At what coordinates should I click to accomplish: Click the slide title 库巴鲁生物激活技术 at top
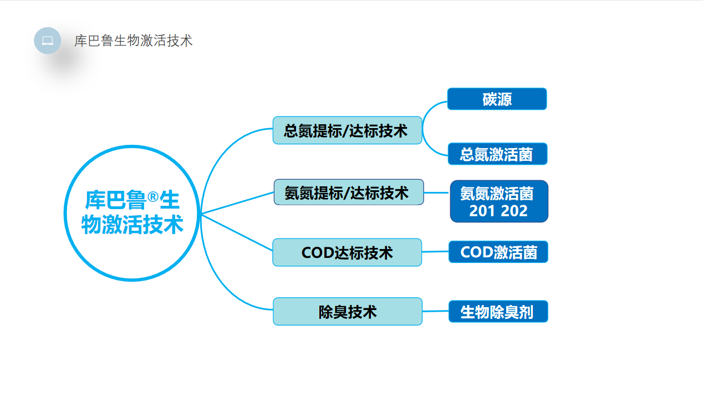point(134,40)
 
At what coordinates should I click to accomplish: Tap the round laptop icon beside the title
point(47,40)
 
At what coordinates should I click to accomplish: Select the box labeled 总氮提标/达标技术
point(347,130)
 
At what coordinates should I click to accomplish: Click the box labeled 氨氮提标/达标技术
point(348,192)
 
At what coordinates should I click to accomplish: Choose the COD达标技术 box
point(347,252)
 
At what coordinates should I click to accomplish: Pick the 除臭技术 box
point(347,311)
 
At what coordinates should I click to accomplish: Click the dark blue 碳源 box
point(497,99)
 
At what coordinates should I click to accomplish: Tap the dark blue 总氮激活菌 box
point(497,154)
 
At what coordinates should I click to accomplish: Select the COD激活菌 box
point(498,252)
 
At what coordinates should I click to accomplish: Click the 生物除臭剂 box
point(498,311)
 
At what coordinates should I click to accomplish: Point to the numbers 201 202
point(498,211)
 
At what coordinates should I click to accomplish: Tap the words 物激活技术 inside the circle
point(132,225)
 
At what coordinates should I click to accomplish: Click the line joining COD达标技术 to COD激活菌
point(435,252)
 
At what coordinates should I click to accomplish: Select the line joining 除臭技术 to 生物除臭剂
point(435,311)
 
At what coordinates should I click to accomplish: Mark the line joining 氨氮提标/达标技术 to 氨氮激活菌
point(436,192)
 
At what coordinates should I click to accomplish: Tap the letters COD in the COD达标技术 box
point(318,253)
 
